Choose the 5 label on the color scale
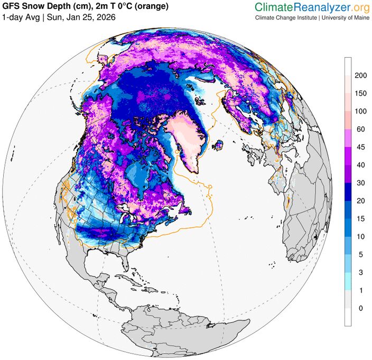[360, 254]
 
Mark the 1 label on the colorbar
[360, 290]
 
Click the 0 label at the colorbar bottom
[360, 308]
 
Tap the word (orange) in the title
[153, 6]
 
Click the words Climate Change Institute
[286, 17]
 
